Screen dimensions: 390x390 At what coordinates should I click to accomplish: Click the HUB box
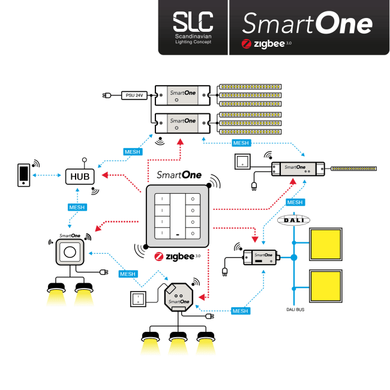pos(80,176)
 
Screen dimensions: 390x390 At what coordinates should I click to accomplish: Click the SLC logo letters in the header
pos(193,23)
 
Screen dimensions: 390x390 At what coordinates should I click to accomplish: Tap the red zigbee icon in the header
pos(245,44)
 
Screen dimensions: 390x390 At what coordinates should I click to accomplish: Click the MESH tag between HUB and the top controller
pos(132,151)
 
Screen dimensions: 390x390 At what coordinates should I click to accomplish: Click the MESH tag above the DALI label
pos(295,202)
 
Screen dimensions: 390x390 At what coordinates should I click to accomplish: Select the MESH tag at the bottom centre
pos(240,311)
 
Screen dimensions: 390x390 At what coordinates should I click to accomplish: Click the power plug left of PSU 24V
pos(107,95)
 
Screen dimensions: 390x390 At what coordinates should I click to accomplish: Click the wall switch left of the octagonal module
pos(140,298)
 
